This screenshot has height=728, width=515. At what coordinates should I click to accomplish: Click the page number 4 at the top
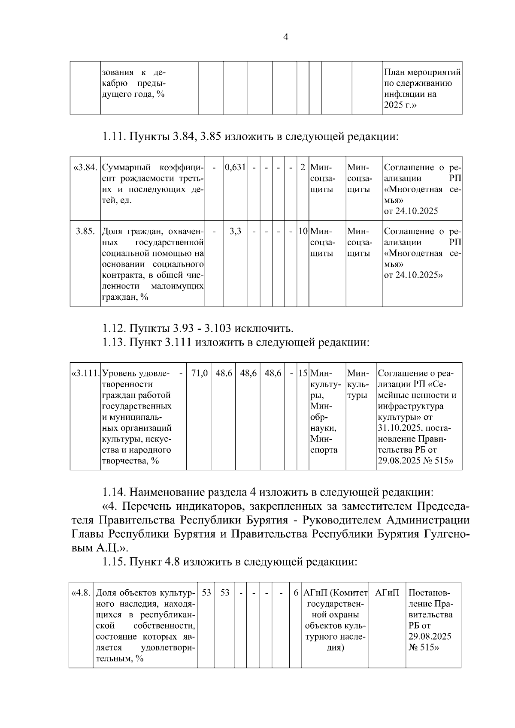point(286,37)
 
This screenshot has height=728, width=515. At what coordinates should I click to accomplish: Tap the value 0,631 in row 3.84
point(235,167)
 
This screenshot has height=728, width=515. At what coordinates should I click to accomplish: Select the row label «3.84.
point(86,167)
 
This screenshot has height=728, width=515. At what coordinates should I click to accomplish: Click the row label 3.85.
point(85,232)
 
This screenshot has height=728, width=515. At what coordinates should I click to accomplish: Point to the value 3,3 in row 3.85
point(235,232)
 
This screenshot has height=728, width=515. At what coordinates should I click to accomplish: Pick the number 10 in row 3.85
point(303,232)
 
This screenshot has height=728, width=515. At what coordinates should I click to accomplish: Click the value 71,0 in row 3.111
point(199,373)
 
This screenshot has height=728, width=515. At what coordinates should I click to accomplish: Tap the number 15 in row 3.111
point(303,373)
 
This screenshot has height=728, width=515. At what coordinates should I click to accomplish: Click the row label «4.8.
point(81,593)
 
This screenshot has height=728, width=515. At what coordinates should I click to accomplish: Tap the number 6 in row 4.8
point(296,593)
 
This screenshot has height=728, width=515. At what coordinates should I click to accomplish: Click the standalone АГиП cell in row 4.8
point(387,593)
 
